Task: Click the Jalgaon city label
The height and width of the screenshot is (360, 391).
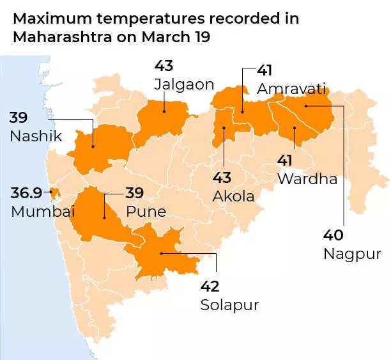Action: coord(184,84)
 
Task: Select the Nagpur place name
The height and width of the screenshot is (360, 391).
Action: coord(352,254)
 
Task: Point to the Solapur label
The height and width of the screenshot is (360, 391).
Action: coord(229,305)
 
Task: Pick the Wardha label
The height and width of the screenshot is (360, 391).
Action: coord(307,178)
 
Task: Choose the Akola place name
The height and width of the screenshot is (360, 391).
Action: coord(234,196)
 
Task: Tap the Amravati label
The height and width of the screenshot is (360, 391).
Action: coord(291,88)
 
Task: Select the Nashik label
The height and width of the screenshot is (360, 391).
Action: coord(36,136)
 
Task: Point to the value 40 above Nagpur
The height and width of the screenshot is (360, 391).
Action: coord(334,235)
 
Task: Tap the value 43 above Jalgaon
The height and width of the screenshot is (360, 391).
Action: coord(164,66)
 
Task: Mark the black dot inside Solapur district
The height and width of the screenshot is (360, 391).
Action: coord(162,254)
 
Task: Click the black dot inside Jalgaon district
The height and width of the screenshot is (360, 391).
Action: coord(164,111)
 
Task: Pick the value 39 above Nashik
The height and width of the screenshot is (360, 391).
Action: coord(19,117)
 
